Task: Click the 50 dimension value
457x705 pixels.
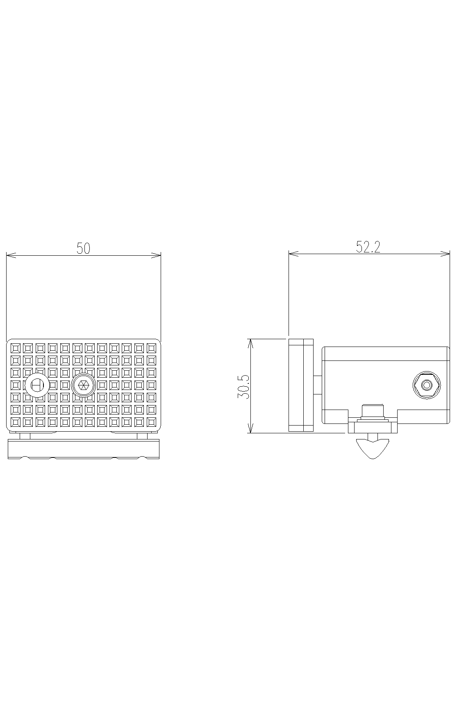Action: click(x=83, y=248)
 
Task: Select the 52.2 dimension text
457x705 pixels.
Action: click(x=368, y=247)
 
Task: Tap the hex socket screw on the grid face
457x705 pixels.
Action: click(x=83, y=385)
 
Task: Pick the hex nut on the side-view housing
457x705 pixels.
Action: click(x=426, y=385)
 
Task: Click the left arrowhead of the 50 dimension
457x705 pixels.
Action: click(x=11, y=255)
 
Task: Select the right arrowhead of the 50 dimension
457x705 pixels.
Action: click(x=156, y=255)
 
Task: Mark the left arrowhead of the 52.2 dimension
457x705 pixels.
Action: click(x=293, y=254)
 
